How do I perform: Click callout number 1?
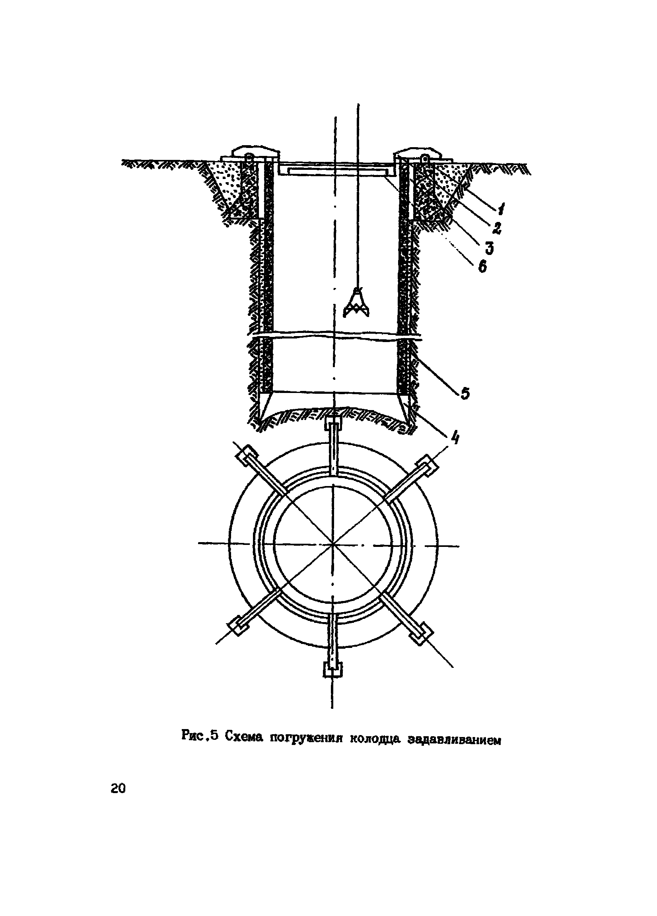tap(501, 210)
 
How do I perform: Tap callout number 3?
tap(489, 248)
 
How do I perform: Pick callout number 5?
tap(465, 393)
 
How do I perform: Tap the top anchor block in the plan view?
tap(334, 424)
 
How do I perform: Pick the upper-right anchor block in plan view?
tap(428, 465)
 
